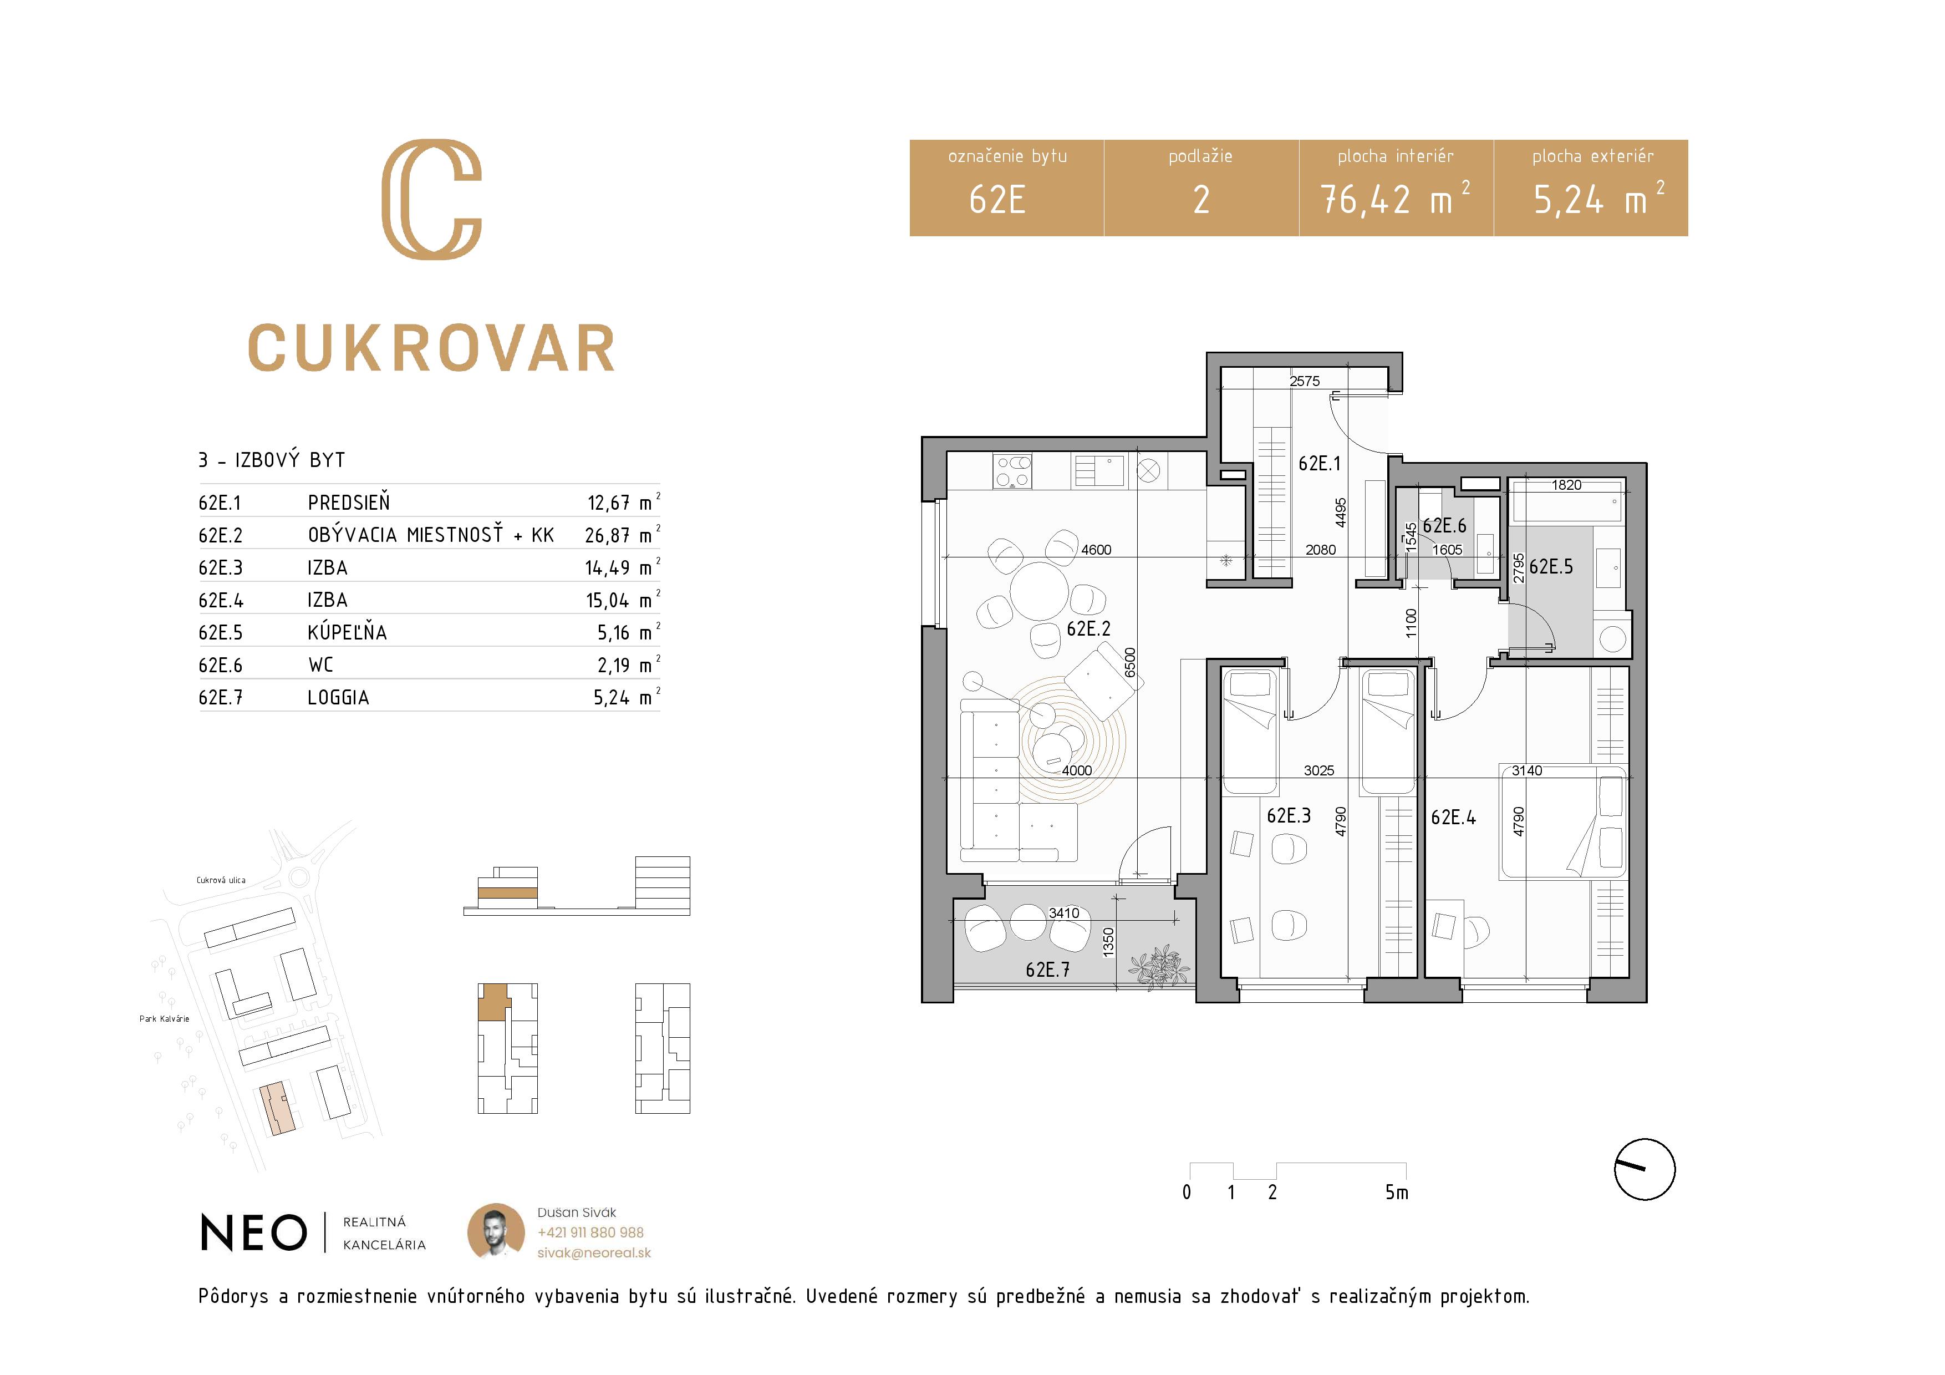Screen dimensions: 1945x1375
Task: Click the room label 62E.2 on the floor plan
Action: (1088, 628)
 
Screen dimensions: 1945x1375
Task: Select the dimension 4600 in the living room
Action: (1096, 550)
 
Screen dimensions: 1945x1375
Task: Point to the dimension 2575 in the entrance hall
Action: (1305, 381)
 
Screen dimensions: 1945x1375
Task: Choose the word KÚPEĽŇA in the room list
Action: (347, 632)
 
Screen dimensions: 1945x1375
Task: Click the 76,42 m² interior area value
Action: (1395, 200)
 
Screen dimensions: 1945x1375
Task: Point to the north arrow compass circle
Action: (1644, 1169)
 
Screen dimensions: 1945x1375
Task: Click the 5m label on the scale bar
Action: (1397, 1192)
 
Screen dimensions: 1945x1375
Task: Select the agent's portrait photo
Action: (496, 1231)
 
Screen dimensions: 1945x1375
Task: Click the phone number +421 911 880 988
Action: (590, 1232)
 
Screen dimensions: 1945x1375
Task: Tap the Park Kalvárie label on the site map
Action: (164, 1018)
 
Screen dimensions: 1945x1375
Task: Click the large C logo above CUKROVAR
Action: (432, 199)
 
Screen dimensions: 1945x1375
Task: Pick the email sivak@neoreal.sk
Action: (594, 1253)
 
